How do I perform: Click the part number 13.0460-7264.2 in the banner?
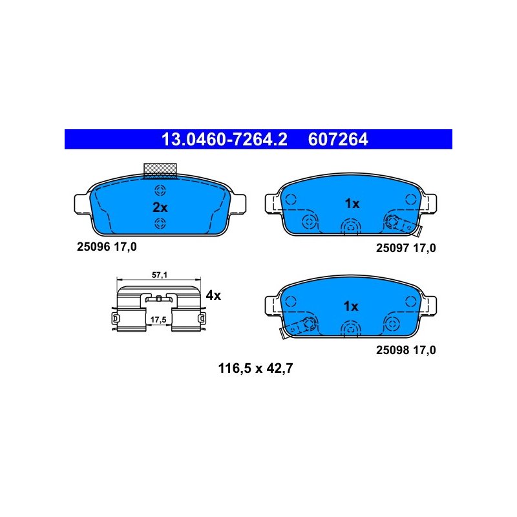224,140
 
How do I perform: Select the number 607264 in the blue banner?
337,140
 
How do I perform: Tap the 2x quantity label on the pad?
160,207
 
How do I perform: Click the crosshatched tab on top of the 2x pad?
160,171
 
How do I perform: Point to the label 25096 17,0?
107,247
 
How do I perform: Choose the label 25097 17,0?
406,248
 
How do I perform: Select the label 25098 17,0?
406,350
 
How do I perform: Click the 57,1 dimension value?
160,275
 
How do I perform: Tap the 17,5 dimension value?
158,319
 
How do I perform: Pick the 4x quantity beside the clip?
213,295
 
